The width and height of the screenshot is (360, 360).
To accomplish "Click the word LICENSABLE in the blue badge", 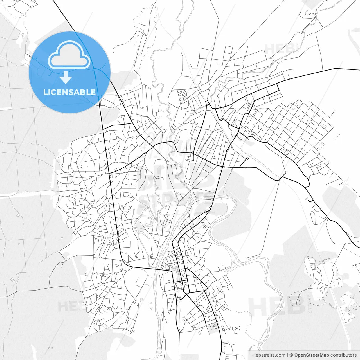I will tap(69, 92).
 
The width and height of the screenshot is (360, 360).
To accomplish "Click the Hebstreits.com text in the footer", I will tap(269, 355).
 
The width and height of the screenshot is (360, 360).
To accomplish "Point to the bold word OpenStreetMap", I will tap(312, 355).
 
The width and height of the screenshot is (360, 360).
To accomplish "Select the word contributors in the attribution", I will tap(343, 355).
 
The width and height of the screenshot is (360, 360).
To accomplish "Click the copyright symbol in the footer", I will tap(291, 355).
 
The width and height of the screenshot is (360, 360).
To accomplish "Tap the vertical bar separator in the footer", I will tap(287, 355).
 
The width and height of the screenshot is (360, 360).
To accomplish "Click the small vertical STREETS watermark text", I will tap(310, 304).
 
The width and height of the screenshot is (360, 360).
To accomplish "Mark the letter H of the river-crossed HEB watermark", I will tap(257, 306).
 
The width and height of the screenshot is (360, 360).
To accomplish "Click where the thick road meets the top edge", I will tap(53, 1).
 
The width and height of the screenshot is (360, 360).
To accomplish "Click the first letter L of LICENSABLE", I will tap(45, 92).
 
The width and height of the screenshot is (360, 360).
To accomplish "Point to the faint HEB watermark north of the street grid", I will tap(278, 49).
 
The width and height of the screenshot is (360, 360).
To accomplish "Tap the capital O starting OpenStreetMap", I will tap(296, 355).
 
